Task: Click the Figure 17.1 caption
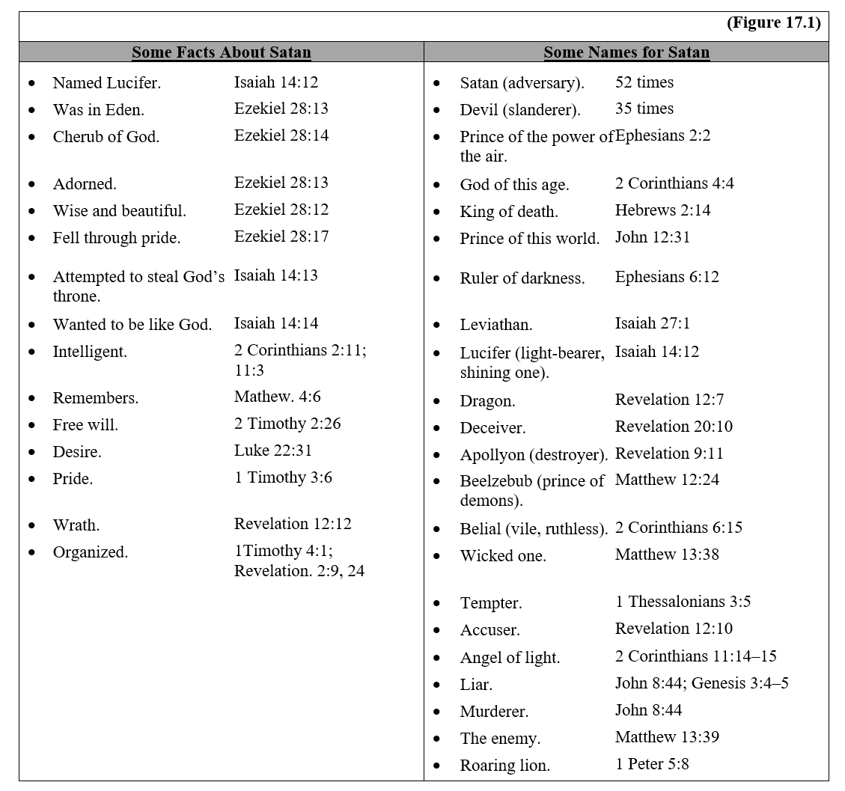[x=773, y=23]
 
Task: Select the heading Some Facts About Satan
[x=221, y=52]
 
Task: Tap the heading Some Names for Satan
[x=626, y=52]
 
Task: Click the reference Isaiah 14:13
[x=275, y=275]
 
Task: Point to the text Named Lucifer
[x=106, y=83]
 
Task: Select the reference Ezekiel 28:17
[x=281, y=236]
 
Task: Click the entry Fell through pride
[x=116, y=238]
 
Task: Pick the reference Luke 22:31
[x=272, y=451]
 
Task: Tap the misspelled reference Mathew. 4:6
[x=277, y=397]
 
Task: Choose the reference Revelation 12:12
[x=293, y=524]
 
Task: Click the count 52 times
[x=644, y=82]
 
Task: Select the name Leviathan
[x=496, y=326]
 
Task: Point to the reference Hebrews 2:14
[x=662, y=210]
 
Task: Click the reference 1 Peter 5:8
[x=652, y=764]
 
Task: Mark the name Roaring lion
[x=504, y=766]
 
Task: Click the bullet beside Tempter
[x=436, y=603]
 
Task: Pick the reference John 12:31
[x=652, y=237]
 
